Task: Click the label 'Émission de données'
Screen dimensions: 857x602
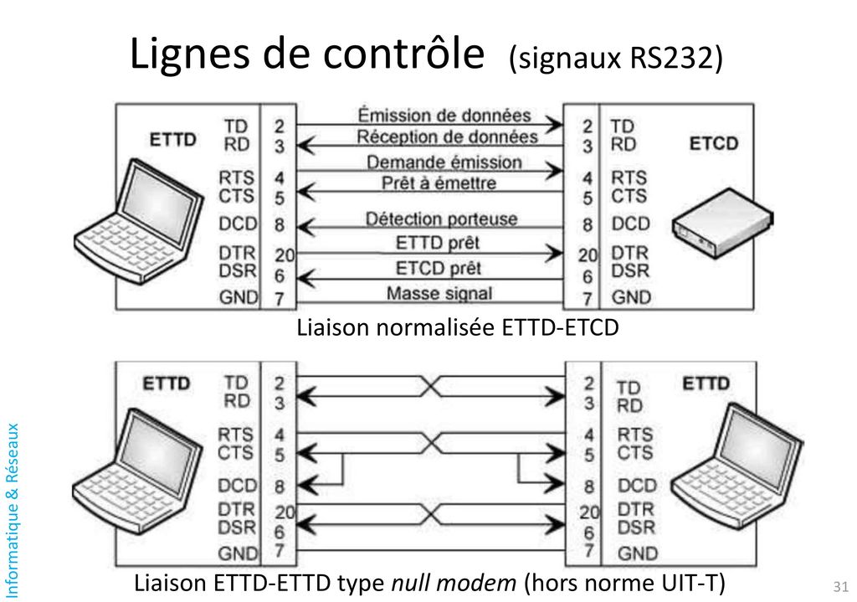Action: [x=444, y=115]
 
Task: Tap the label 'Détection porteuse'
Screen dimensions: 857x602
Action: [x=441, y=219]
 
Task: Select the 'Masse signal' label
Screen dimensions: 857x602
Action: [x=439, y=293]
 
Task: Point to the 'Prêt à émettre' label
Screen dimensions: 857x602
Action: [x=439, y=182]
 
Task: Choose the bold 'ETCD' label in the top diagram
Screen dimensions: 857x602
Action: [x=714, y=143]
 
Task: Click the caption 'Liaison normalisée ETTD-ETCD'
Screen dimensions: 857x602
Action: [x=458, y=328]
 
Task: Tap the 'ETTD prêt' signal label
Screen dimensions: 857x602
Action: [x=438, y=244]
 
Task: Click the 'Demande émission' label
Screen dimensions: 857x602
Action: [x=444, y=162]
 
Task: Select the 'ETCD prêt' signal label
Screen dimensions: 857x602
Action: [x=438, y=268]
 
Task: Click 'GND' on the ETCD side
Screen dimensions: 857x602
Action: [x=631, y=296]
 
